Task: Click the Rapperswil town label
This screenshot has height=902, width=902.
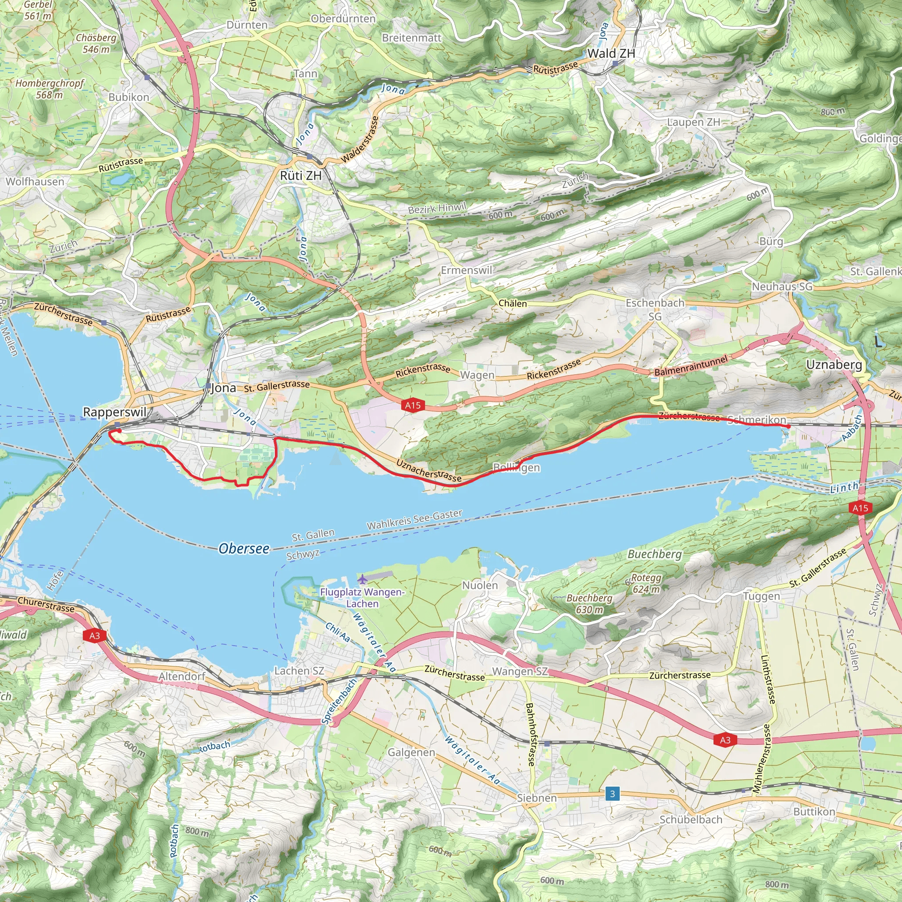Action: tap(115, 412)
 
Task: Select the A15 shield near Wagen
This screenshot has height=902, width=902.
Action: tap(413, 405)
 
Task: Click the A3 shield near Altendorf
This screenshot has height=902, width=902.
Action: tap(95, 636)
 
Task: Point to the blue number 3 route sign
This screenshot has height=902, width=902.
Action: tap(612, 794)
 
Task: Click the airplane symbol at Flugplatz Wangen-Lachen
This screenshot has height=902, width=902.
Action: tap(363, 580)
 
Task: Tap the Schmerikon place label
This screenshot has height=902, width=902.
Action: tap(757, 420)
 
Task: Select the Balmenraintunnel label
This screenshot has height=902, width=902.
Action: tap(691, 366)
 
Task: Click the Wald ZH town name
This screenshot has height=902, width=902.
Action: tap(611, 54)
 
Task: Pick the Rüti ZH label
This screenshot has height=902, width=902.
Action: tap(301, 176)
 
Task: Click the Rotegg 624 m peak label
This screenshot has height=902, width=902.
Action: tap(646, 584)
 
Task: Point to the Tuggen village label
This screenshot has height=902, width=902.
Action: tap(762, 596)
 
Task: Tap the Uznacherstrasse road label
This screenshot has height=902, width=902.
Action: tap(429, 470)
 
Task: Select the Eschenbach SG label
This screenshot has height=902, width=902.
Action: tap(655, 309)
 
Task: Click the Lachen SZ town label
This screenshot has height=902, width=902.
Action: tap(299, 670)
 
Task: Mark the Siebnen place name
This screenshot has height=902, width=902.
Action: tap(537, 798)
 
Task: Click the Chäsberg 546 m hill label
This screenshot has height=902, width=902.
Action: tap(96, 44)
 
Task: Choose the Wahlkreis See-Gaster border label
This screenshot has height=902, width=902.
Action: tap(414, 520)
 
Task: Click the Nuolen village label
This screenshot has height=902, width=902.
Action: tap(480, 585)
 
